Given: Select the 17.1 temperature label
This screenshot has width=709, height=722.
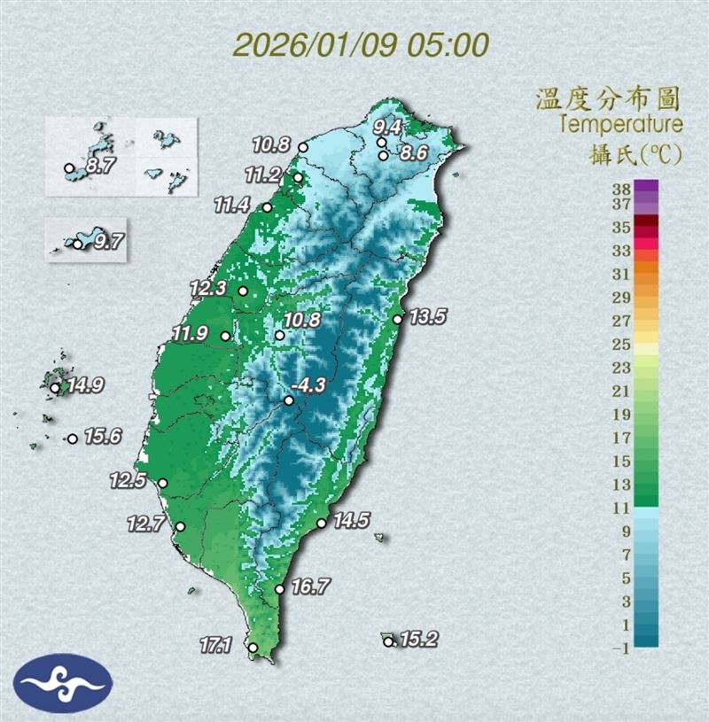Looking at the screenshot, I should [x=216, y=646].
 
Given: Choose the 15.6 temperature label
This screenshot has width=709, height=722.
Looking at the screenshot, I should [x=103, y=436].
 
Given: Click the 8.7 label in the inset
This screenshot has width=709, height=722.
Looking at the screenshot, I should [x=97, y=165].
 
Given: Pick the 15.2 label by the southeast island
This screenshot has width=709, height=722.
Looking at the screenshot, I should [x=419, y=639].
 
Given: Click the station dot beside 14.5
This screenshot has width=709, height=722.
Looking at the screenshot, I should [x=322, y=524].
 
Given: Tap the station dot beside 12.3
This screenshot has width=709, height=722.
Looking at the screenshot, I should [x=243, y=290].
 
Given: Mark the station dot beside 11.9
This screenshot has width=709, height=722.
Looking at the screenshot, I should [x=225, y=336].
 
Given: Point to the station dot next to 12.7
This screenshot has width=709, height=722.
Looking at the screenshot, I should [x=181, y=526].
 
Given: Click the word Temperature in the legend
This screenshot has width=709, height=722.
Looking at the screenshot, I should [x=619, y=123].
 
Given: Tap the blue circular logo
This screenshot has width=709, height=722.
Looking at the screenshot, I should [x=62, y=683].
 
